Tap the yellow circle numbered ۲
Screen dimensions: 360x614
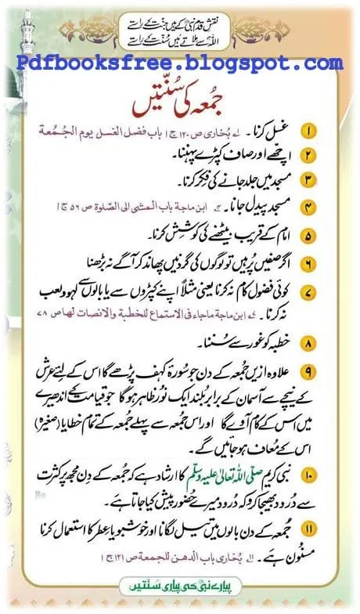click(331, 156)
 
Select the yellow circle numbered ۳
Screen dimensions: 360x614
click(331, 181)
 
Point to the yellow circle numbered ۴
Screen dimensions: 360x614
click(331, 208)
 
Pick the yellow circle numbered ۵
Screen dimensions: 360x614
click(331, 235)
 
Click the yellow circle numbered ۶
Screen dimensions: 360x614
click(331, 262)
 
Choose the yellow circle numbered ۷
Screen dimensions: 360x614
click(331, 291)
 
